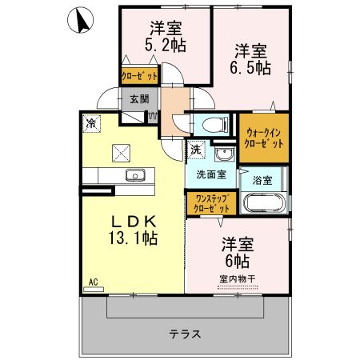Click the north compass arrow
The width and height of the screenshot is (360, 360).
click(x=80, y=22)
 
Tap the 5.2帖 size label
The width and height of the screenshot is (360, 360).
click(x=166, y=46)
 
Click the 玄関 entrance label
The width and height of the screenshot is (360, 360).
click(x=139, y=99)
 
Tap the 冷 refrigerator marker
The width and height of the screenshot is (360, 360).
click(x=92, y=124)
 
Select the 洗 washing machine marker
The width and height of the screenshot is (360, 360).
click(x=196, y=150)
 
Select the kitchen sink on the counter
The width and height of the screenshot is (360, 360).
click(x=132, y=174)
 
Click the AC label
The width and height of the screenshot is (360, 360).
click(x=93, y=282)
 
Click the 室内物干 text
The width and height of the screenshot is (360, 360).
click(x=236, y=279)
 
